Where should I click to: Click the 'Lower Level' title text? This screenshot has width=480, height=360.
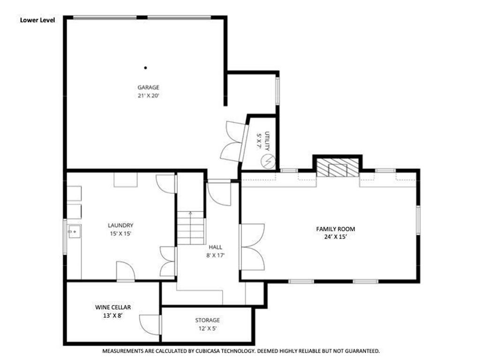[37, 20]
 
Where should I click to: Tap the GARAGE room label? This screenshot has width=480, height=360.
[148, 87]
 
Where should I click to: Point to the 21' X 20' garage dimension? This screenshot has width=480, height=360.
[148, 96]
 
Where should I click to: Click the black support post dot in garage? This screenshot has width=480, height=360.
[145, 67]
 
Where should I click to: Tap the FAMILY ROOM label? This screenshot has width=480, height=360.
[335, 229]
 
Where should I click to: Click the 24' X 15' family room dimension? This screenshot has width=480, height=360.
[335, 237]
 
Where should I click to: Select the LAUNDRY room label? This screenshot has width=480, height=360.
[120, 225]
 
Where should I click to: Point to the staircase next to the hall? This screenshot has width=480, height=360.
[190, 228]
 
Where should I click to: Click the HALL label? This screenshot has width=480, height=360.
[216, 247]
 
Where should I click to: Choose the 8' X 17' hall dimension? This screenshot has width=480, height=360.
[216, 255]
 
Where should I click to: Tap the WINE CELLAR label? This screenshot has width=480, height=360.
[113, 307]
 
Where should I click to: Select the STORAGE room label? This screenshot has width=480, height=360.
[207, 320]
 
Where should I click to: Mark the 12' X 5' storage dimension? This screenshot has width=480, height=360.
[207, 329]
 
